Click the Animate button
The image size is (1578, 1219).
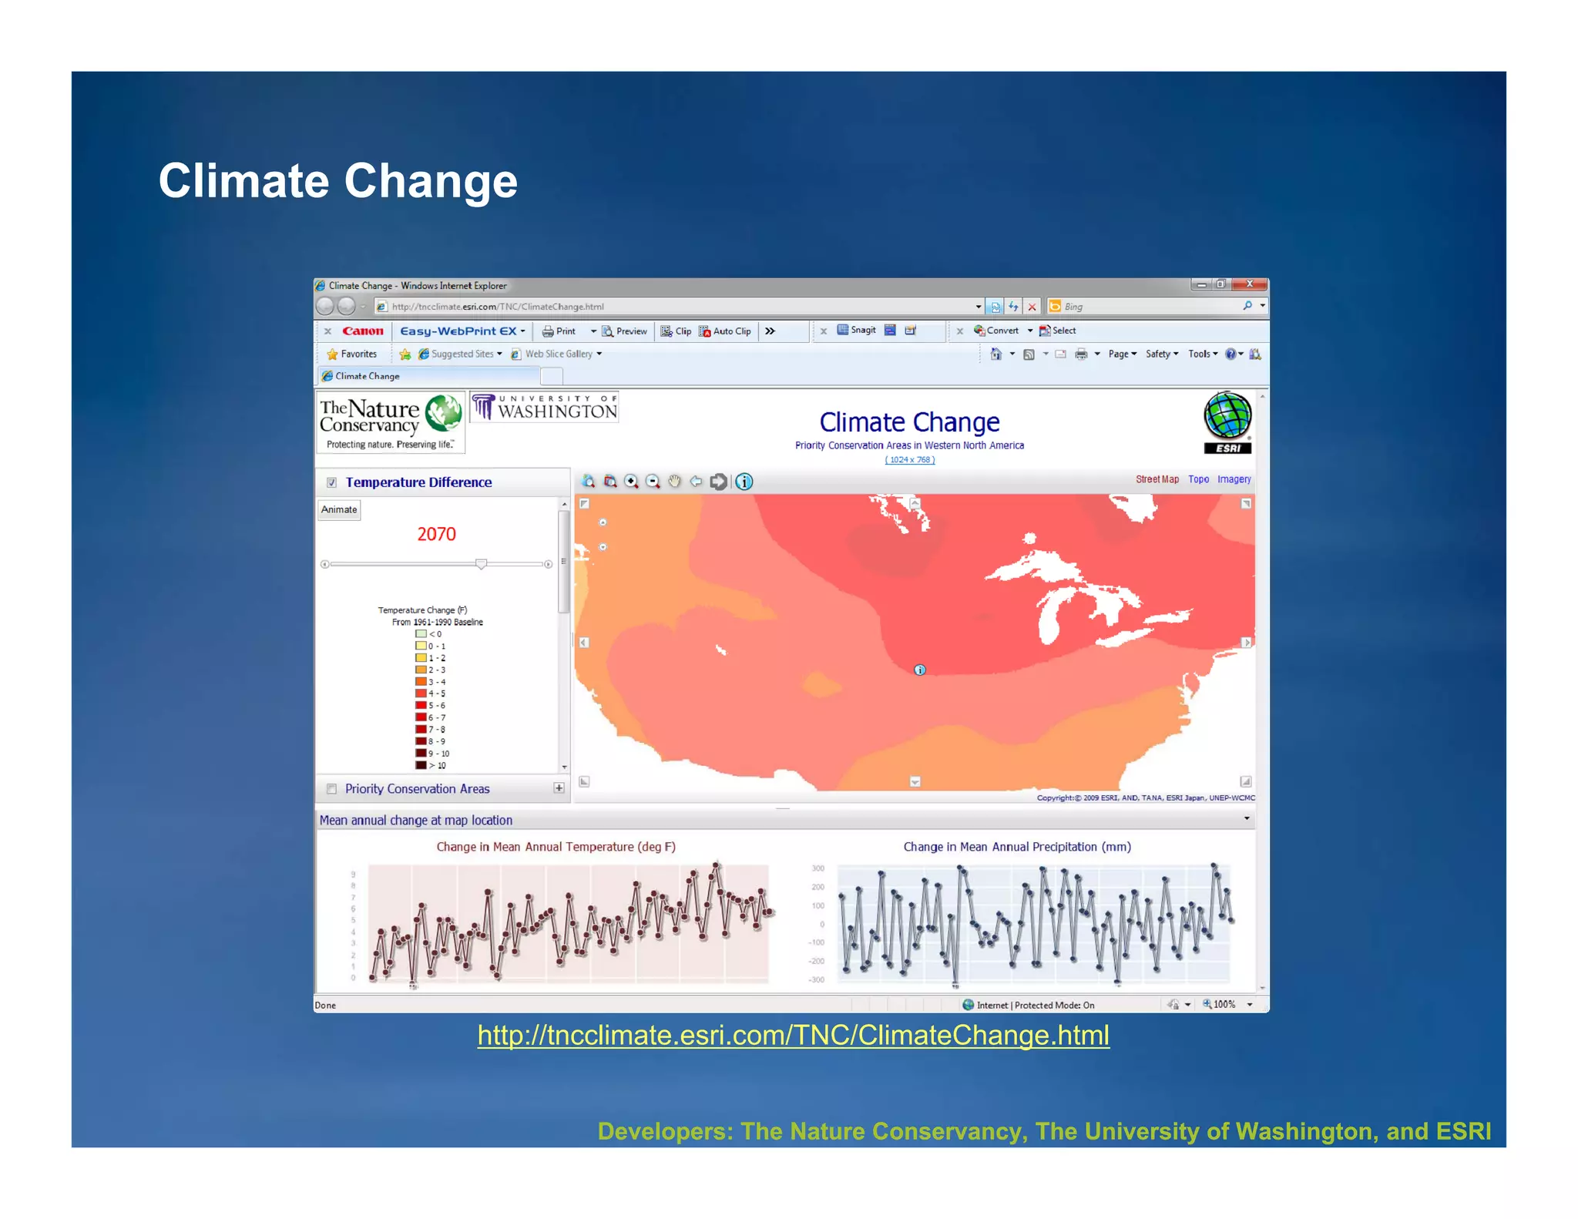tap(339, 509)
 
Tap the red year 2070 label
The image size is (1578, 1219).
tap(436, 534)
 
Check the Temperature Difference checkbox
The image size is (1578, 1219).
tap(331, 482)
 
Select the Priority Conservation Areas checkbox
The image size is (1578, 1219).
tap(331, 788)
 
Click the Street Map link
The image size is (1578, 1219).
tap(1157, 479)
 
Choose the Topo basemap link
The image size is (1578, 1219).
tap(1198, 479)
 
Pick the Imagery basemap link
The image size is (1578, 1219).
tap(1234, 479)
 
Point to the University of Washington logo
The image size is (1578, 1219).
tap(545, 407)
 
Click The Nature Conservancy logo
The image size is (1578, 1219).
tap(391, 421)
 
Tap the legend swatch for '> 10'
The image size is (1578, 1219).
tap(421, 765)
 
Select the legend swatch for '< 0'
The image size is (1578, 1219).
tap(421, 634)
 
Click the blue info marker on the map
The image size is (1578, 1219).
tap(919, 670)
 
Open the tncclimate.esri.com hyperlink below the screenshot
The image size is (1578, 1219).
tap(793, 1035)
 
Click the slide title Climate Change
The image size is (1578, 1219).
tap(337, 181)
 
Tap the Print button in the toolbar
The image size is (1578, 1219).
tap(559, 331)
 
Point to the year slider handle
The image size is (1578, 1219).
tap(481, 564)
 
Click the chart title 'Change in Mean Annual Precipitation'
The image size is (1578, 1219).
tap(1017, 847)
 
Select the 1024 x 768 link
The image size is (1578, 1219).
tap(909, 460)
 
